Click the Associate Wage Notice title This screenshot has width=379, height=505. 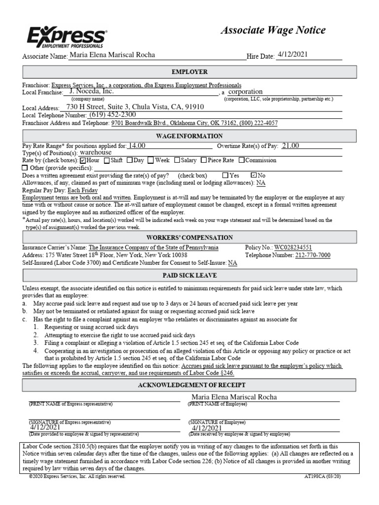click(272, 30)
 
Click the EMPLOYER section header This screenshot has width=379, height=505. click(189, 72)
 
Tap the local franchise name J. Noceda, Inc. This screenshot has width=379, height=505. click(92, 91)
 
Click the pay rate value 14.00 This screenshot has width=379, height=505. click(136, 145)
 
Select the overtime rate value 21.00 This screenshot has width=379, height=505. click(290, 145)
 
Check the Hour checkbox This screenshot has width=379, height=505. click(83, 160)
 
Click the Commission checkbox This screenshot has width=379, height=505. click(241, 160)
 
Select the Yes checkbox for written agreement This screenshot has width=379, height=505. click(226, 175)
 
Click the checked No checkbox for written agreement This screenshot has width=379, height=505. click(254, 175)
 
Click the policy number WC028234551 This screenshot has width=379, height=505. click(293, 248)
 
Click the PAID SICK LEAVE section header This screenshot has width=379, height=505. click(189, 275)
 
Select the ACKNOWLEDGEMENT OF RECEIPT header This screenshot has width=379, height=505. click(189, 385)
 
